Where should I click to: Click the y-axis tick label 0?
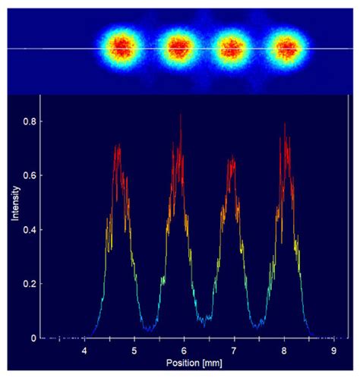pyautogui.click(x=30, y=338)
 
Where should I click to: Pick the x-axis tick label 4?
pyautogui.click(x=84, y=351)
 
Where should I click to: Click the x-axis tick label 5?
pyautogui.click(x=134, y=351)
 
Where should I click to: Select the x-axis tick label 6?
pyautogui.click(x=185, y=351)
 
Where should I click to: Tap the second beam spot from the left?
pyautogui.click(x=178, y=48)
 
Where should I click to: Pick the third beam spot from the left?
pyautogui.click(x=232, y=48)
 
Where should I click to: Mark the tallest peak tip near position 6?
pyautogui.click(x=181, y=115)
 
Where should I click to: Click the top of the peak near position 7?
pyautogui.click(x=232, y=157)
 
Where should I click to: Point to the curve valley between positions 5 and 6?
pyautogui.click(x=151, y=330)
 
